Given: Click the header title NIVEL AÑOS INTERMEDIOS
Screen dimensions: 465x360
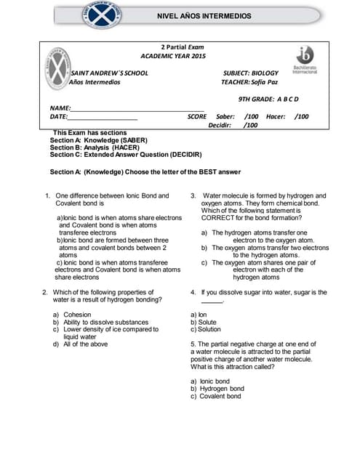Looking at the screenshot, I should click(204, 15).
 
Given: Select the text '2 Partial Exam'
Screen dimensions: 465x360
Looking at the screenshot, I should click(172, 46).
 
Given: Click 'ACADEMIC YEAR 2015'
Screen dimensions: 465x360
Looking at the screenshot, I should click(173, 56).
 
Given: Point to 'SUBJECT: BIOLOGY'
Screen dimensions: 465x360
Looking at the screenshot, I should click(250, 73).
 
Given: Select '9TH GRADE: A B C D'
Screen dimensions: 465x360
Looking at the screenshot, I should click(268, 99).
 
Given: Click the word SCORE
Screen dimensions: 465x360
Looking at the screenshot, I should click(196, 116).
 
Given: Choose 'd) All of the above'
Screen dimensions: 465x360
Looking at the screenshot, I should click(80, 344).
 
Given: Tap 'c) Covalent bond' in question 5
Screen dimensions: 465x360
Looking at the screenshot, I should click(215, 397).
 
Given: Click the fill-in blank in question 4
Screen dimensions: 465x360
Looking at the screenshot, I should click(212, 300).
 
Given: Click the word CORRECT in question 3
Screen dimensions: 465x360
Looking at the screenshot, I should click(217, 218).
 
